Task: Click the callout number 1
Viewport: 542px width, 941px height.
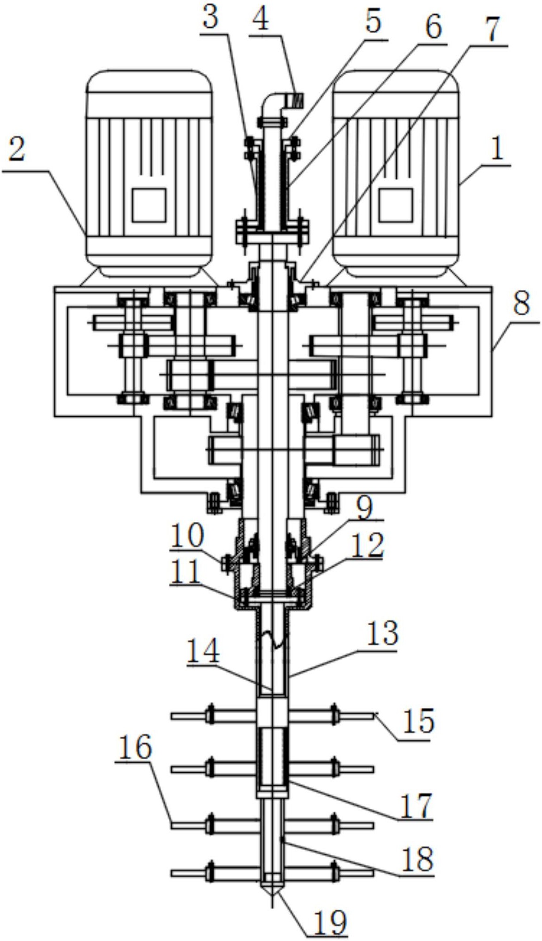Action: (x=497, y=151)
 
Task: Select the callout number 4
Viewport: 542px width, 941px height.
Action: (x=262, y=19)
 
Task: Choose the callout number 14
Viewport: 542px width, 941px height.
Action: (x=203, y=651)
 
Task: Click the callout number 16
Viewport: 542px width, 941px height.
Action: (x=135, y=747)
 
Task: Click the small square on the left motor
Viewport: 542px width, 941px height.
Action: (x=149, y=205)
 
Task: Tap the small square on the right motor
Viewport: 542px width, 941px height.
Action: (x=396, y=205)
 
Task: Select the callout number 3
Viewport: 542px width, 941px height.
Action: (x=211, y=19)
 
